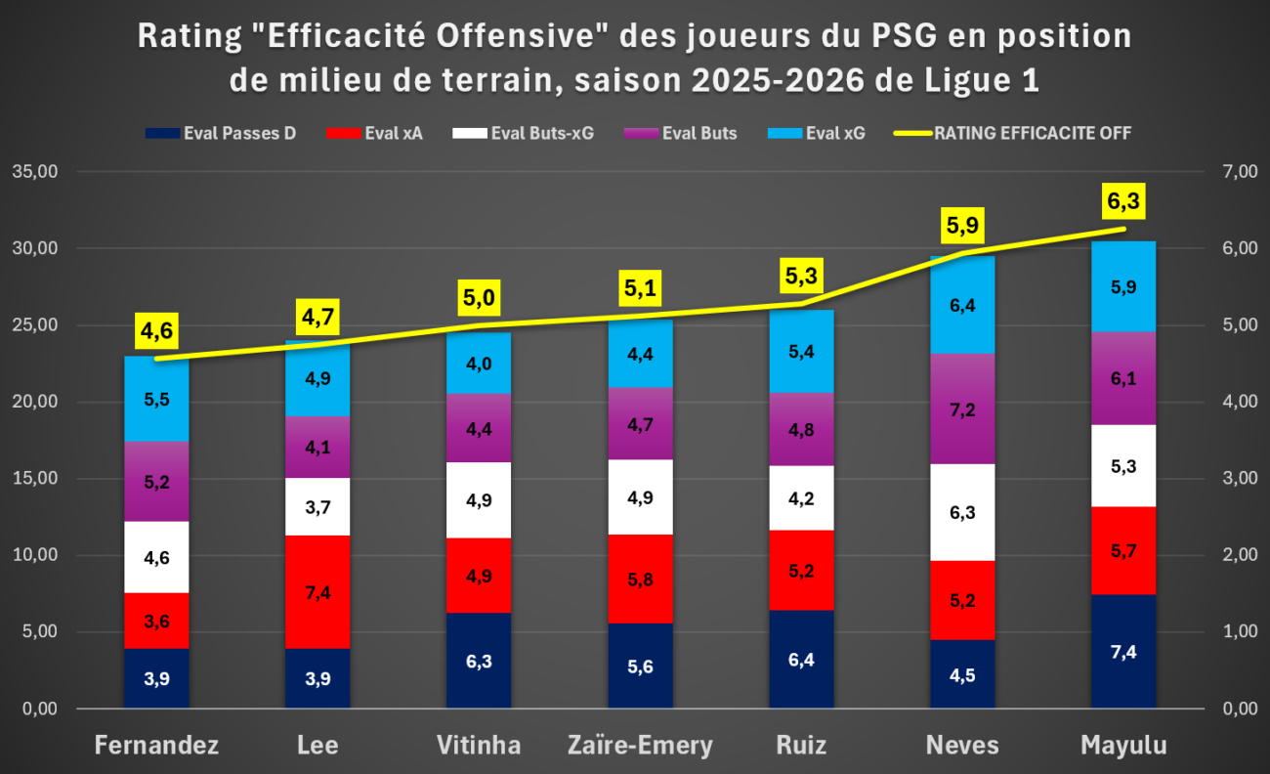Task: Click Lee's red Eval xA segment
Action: pos(317,592)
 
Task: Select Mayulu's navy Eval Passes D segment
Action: pos(1123,651)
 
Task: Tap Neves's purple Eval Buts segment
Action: pos(962,408)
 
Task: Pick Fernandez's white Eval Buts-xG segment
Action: pos(156,557)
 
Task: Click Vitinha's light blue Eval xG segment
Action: pos(479,363)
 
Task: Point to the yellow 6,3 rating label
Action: pos(1123,201)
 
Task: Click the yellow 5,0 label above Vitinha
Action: pos(479,298)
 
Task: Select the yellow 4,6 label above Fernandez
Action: pos(156,330)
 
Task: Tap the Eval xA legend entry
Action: pos(375,133)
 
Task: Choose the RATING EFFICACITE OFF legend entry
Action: pos(1013,133)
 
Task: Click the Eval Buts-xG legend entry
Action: pos(524,133)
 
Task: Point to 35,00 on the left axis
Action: pos(35,171)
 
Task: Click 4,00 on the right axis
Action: pos(1240,402)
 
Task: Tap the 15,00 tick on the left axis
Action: pos(35,478)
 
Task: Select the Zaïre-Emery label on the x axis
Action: pos(640,745)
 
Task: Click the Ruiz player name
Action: pos(801,745)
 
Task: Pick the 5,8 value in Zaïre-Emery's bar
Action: pos(640,580)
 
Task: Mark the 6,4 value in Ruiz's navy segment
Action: pos(801,660)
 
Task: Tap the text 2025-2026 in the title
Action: pos(778,80)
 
